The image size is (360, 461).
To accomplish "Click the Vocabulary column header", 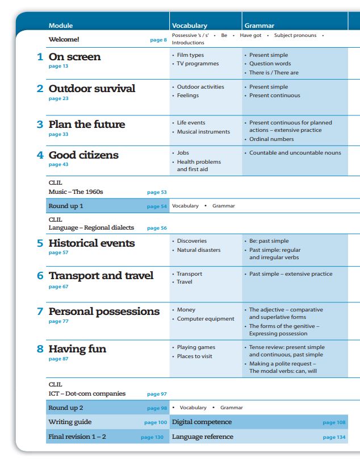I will (x=189, y=26).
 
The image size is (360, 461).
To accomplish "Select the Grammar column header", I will (x=259, y=26).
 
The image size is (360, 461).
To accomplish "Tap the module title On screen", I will (x=74, y=57).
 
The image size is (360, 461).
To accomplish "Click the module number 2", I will (x=40, y=89).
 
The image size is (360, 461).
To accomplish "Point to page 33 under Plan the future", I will (x=58, y=135).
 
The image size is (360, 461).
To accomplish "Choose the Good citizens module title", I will (x=83, y=155).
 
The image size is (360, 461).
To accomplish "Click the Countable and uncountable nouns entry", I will (x=295, y=153).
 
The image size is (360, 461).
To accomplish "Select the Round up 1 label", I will (x=66, y=206).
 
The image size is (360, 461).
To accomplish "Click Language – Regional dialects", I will (x=91, y=227).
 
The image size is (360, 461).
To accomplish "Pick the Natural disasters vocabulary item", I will (x=198, y=250).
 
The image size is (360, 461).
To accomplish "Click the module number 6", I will (x=40, y=276).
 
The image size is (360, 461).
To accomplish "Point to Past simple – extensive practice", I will (x=291, y=274).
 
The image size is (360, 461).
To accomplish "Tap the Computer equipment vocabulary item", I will (x=205, y=319).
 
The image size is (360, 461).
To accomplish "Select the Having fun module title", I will (x=77, y=348).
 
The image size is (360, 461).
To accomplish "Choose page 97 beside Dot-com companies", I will (x=157, y=394).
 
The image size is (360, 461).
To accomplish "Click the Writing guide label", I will (x=70, y=422).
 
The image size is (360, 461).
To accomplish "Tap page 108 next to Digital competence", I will (x=334, y=422).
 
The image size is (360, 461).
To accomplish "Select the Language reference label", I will (x=202, y=437).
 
